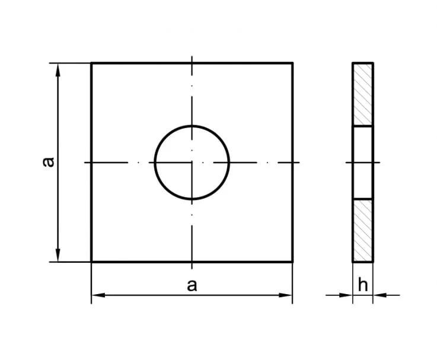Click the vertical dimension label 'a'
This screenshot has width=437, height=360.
point(49,162)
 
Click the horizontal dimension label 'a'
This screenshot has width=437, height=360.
point(192,285)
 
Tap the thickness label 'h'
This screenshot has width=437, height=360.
point(363,285)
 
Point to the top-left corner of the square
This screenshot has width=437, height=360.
point(91,63)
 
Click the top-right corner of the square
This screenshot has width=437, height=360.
point(293,63)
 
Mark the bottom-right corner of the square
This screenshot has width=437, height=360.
point(293,262)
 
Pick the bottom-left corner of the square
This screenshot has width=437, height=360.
point(91,262)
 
